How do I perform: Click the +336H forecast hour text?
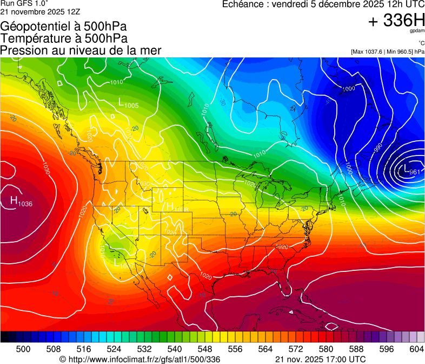coord(396,21)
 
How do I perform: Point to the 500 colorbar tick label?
coord(23,349)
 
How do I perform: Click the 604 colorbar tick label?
coord(416,349)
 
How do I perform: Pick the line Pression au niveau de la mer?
coord(81,50)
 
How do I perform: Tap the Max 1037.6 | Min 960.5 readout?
coord(388,51)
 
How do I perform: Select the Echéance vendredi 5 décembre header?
coord(323,4)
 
